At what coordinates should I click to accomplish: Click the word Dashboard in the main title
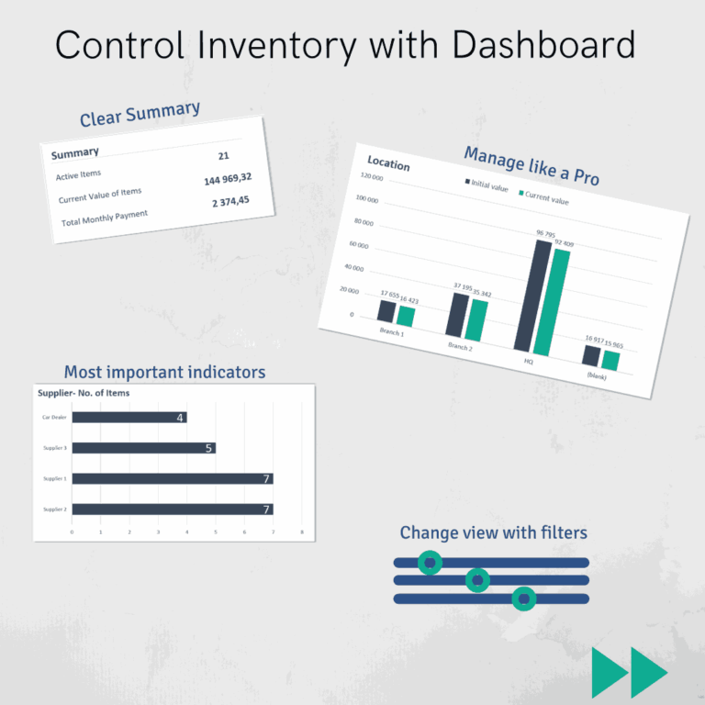(521, 45)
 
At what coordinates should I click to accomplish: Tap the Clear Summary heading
(140, 115)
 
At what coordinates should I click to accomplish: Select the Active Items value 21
(223, 156)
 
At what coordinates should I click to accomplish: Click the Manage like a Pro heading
(531, 165)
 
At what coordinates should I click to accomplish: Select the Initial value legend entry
(486, 186)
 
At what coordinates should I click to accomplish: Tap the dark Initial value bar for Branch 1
(386, 310)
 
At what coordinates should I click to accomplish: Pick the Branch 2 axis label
(460, 346)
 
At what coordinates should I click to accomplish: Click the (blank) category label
(596, 375)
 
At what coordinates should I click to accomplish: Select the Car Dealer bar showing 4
(129, 418)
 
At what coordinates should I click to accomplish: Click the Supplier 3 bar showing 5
(143, 448)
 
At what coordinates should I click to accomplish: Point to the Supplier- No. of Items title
(84, 393)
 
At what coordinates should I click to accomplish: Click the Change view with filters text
(493, 532)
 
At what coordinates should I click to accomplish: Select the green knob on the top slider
(430, 562)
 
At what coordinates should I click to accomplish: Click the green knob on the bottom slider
(523, 599)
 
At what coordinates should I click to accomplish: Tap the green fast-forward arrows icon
(629, 672)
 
